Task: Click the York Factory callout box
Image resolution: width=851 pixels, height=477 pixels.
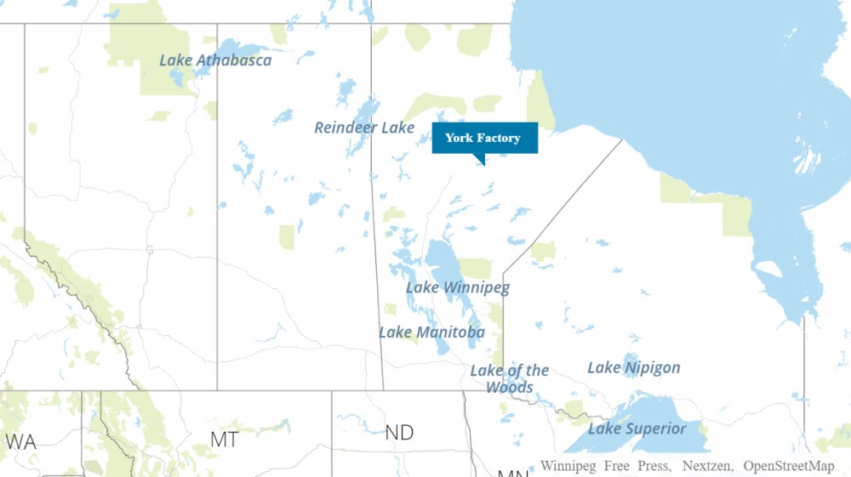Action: click(484, 138)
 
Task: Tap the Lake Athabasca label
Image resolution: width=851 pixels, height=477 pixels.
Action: click(216, 60)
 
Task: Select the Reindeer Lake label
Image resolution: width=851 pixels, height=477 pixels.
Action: click(364, 128)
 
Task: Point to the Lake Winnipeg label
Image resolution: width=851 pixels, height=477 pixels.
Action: click(458, 287)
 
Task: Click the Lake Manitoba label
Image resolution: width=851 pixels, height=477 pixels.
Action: click(431, 332)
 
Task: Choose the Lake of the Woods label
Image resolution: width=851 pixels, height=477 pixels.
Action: click(510, 378)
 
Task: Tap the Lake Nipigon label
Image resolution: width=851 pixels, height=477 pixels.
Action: click(634, 367)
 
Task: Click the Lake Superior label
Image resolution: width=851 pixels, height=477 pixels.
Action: click(637, 429)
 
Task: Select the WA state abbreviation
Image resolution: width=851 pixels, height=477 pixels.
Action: click(21, 442)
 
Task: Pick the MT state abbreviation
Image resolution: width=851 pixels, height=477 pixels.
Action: click(224, 439)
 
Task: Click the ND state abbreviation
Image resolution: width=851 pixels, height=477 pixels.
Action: click(399, 433)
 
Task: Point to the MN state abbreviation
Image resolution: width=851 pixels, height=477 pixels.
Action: click(512, 472)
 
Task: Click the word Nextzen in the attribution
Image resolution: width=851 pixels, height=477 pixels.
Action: click(709, 466)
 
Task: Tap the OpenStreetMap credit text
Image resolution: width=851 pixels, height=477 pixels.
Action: click(789, 466)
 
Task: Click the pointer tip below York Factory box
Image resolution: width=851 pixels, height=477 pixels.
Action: click(483, 162)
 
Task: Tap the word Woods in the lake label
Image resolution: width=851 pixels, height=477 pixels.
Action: click(509, 387)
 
